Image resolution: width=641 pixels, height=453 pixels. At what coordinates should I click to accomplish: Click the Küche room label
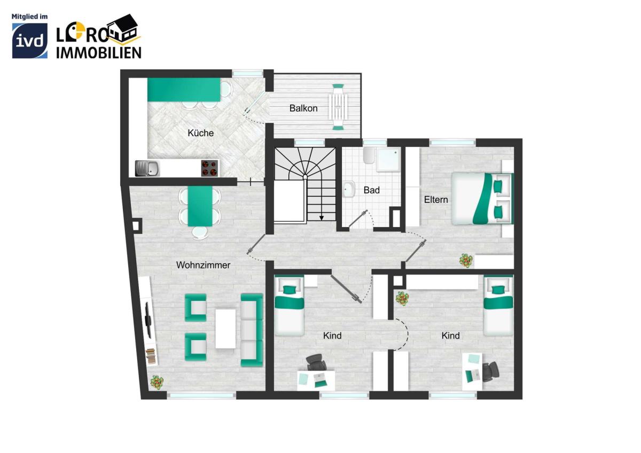click(201, 133)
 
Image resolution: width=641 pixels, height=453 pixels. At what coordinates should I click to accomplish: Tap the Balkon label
click(303, 108)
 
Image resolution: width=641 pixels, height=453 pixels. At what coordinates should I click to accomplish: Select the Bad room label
click(371, 190)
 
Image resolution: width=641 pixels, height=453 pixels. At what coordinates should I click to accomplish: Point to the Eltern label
click(436, 199)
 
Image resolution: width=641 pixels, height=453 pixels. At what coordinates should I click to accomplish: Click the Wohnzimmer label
click(203, 265)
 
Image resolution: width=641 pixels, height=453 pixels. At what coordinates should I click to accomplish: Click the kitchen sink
click(147, 168)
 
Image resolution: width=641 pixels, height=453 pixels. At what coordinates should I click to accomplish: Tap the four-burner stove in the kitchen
click(209, 168)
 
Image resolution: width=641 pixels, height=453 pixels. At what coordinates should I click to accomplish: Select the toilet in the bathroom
click(369, 155)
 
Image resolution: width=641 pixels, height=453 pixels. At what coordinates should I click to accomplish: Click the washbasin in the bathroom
click(349, 189)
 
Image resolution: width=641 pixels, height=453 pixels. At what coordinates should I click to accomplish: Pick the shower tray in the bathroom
click(388, 160)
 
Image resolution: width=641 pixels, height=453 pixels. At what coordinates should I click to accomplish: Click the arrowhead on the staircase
click(322, 218)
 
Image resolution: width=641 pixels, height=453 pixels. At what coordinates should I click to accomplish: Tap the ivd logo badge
click(30, 41)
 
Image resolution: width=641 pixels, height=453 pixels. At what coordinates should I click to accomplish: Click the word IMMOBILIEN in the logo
click(99, 53)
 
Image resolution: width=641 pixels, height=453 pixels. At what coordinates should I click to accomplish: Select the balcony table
click(338, 107)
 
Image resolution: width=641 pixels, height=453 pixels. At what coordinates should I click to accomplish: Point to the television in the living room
click(148, 320)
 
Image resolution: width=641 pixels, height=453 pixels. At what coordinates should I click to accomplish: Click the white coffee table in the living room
click(225, 329)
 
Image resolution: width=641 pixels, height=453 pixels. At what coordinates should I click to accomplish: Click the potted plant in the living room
click(157, 382)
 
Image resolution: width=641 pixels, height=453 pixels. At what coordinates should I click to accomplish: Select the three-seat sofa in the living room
click(252, 330)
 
